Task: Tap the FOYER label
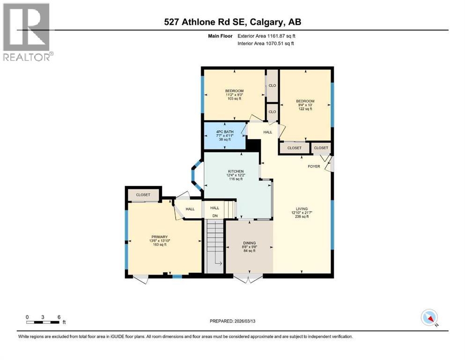click(x=314, y=166)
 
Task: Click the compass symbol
click(x=429, y=318)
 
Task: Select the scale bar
click(x=43, y=322)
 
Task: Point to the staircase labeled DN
click(x=215, y=246)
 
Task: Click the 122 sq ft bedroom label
click(x=305, y=105)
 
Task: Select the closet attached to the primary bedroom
click(x=143, y=195)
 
